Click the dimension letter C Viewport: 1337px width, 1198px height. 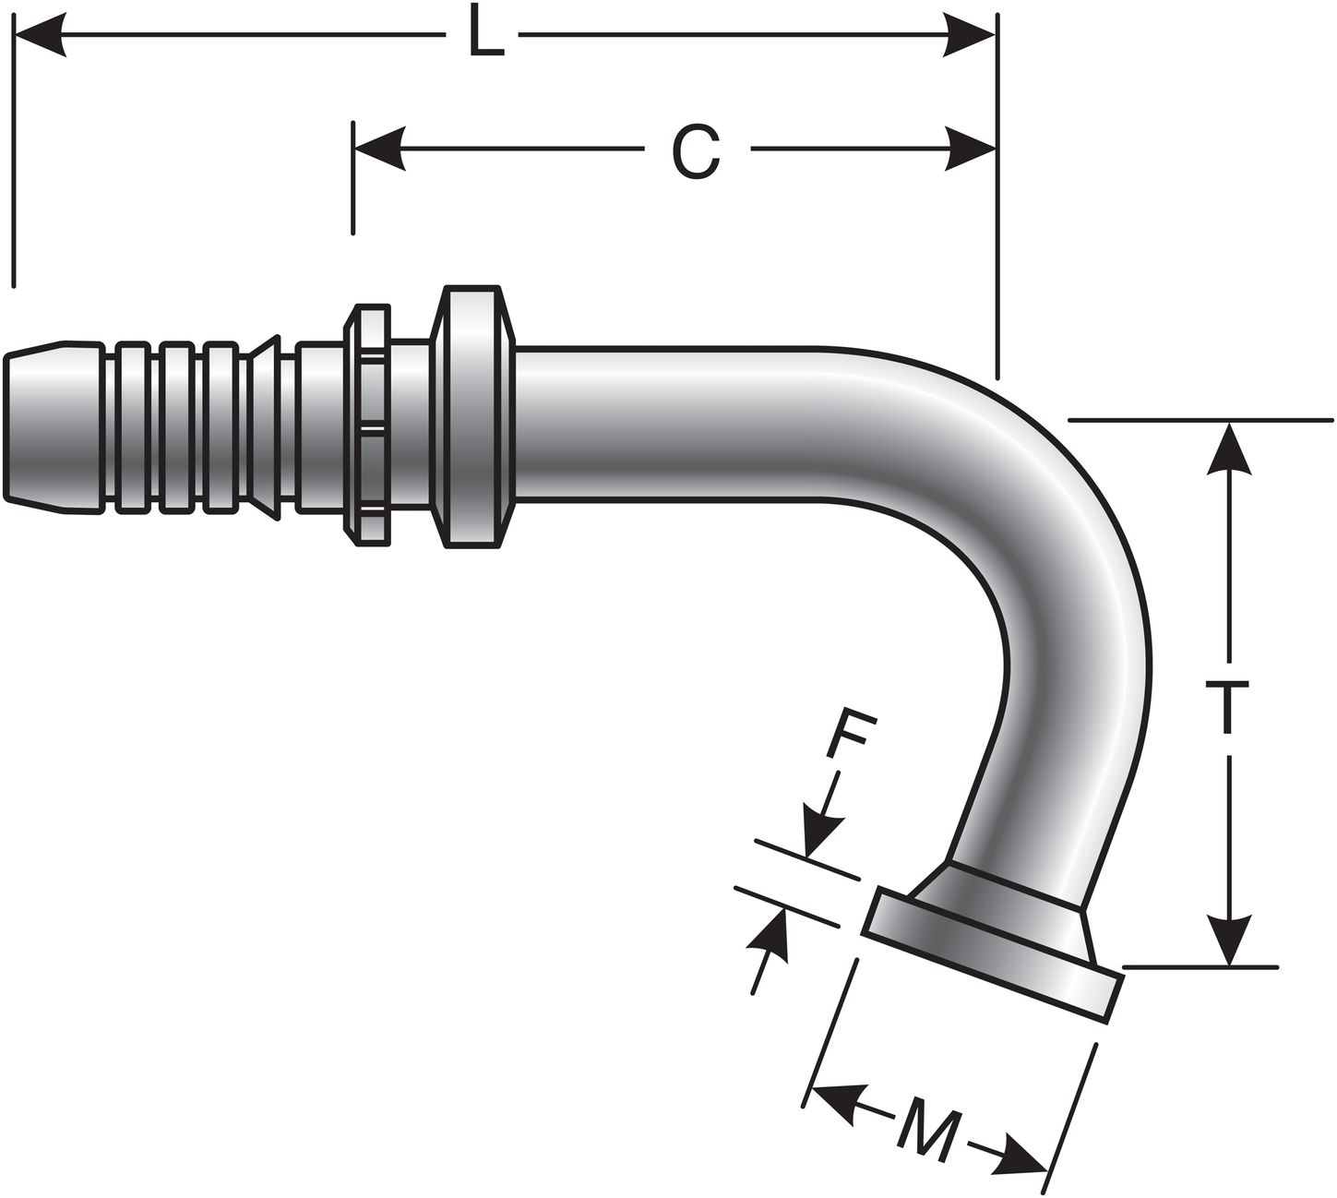[x=695, y=151]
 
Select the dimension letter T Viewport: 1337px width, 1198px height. [x=1228, y=708]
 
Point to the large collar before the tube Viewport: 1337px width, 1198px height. [x=474, y=417]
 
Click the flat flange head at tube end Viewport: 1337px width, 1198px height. [x=992, y=955]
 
